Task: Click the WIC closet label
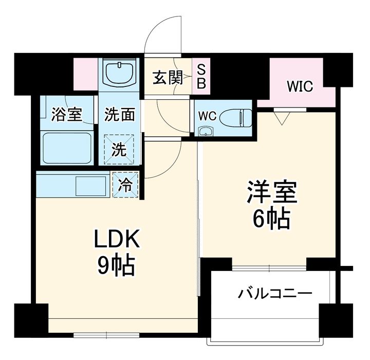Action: (x=300, y=86)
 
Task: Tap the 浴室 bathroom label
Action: (x=66, y=114)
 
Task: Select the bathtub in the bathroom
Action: (x=66, y=148)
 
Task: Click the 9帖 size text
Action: (x=116, y=265)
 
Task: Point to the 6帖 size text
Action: (x=272, y=220)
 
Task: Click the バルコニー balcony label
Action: (x=274, y=295)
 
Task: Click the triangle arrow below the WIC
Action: (x=280, y=118)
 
